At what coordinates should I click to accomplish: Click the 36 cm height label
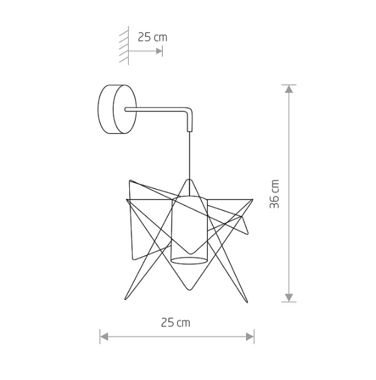point(274,194)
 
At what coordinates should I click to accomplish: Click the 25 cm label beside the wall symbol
point(152,37)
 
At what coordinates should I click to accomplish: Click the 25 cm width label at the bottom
point(175,323)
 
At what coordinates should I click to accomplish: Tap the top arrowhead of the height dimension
point(289,89)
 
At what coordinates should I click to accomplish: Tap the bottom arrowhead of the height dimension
point(289,297)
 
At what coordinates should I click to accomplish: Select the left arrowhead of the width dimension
point(104,336)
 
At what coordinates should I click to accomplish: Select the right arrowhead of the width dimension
point(250,336)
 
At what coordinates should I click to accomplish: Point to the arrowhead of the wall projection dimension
point(159,51)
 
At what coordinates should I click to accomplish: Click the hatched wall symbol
point(124,45)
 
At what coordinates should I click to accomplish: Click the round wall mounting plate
point(117,109)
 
